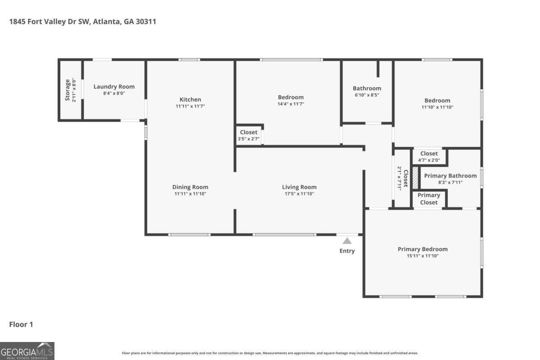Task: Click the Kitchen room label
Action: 190,99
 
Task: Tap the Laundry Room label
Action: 114,86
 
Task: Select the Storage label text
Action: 68,90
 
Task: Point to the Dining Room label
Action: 190,187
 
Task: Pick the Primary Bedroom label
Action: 423,249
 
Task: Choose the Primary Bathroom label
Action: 450,175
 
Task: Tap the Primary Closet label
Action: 429,198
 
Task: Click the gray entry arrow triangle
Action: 347,241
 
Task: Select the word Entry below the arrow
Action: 347,251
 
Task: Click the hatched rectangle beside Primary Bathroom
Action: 415,178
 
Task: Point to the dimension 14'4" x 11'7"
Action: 291,104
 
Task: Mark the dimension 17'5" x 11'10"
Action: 299,194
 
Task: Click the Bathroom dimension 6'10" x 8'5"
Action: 367,95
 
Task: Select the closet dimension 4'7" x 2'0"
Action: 429,160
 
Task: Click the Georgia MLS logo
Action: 27,351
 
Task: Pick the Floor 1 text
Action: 21,324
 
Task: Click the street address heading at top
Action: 83,21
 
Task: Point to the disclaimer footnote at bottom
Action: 270,353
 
